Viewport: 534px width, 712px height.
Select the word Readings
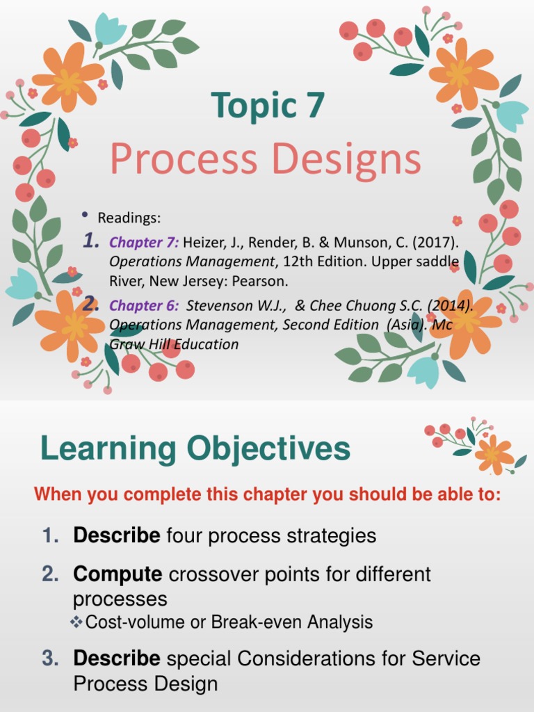tap(129, 218)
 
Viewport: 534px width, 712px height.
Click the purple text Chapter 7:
tap(144, 243)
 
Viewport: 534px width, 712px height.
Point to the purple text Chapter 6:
tap(144, 305)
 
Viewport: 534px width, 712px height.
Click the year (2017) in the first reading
tap(438, 243)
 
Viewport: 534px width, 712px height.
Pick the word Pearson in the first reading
tap(264, 282)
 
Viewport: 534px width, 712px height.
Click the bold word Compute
tap(118, 574)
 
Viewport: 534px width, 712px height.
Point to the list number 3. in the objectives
tap(51, 658)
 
